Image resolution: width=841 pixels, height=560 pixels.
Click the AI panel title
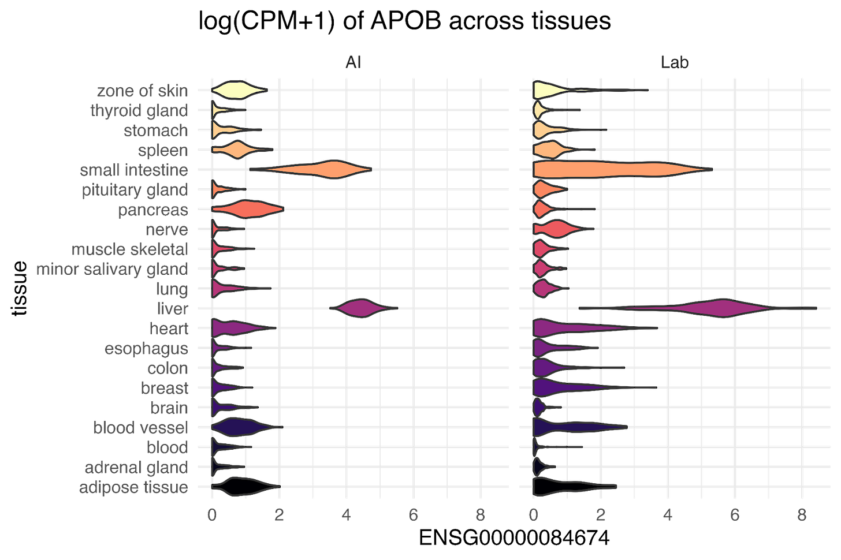353,62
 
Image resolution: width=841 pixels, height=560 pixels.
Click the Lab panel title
675,62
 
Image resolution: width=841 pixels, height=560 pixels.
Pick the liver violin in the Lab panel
719,308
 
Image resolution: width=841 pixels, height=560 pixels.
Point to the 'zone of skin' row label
142,91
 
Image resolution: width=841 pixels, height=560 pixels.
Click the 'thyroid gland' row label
139,110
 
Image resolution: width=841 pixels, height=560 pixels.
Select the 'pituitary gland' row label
135,189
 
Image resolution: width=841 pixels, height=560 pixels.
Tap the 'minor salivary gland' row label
112,268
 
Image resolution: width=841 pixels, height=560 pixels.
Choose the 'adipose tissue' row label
133,487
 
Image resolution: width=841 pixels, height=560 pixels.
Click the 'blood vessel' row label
140,427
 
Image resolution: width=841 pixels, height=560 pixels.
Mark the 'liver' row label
172,308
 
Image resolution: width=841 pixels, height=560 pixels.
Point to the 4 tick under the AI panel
346,515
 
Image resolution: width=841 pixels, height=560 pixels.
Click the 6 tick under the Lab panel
735,515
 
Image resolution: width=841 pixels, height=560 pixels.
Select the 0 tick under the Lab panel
534,515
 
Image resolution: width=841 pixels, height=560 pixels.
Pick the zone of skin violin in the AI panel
237,91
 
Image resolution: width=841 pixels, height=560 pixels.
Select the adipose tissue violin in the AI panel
245,487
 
